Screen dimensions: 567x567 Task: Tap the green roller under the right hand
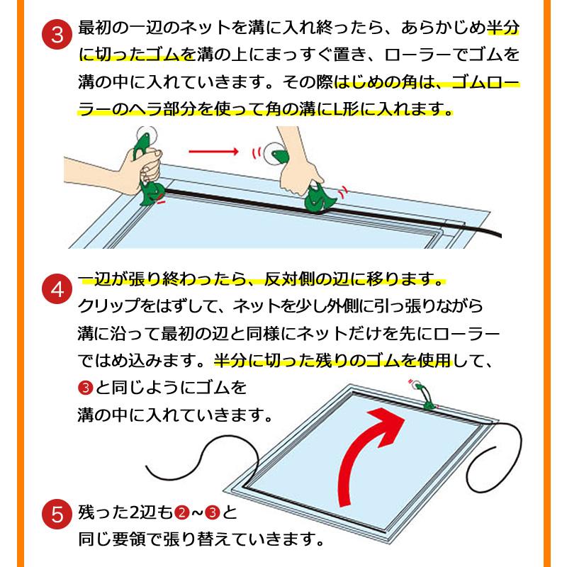click(x=318, y=198)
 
